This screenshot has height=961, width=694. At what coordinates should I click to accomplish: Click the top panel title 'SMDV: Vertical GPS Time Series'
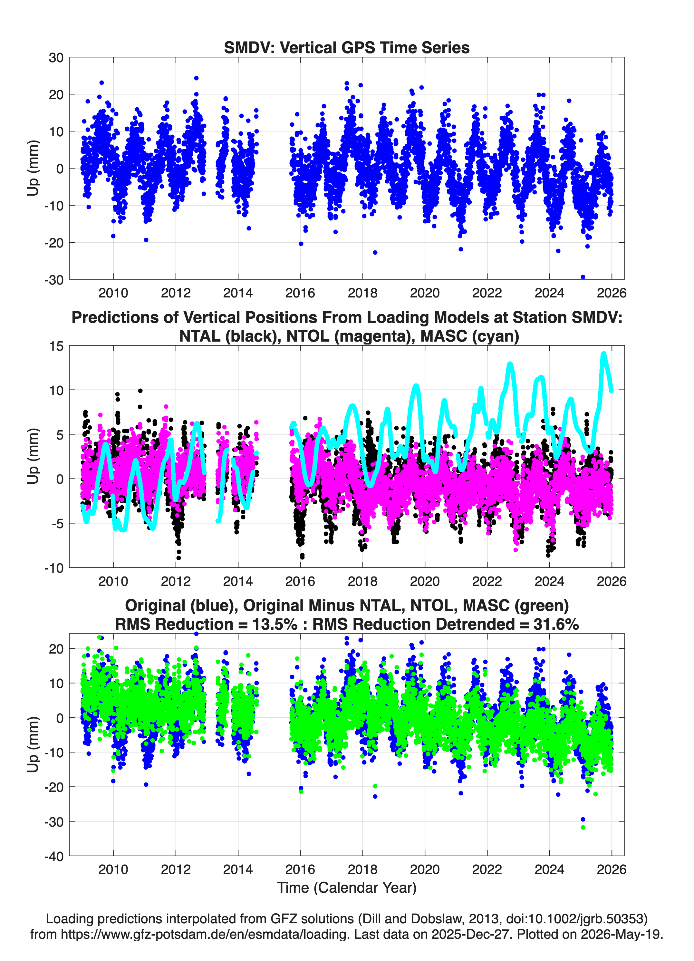click(x=347, y=47)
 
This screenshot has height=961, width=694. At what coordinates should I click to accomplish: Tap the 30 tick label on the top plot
click(x=56, y=58)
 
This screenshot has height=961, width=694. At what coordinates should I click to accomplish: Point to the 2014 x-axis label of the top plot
click(x=238, y=293)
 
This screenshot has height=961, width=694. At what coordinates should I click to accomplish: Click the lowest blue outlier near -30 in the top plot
click(x=583, y=277)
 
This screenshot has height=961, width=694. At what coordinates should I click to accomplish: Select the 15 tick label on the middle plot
click(x=56, y=346)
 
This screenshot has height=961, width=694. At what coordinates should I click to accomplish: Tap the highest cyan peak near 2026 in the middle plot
click(x=604, y=354)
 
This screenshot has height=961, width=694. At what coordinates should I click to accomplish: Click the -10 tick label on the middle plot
click(x=54, y=568)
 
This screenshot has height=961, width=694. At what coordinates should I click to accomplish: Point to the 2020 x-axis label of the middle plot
click(x=425, y=581)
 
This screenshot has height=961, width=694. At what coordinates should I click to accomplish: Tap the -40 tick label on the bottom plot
click(x=54, y=856)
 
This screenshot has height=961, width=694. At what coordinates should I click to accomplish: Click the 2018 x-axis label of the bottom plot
click(x=362, y=869)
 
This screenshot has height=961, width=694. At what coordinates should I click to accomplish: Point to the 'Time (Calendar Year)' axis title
click(x=347, y=887)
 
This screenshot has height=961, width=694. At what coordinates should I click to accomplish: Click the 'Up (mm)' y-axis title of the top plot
click(x=33, y=168)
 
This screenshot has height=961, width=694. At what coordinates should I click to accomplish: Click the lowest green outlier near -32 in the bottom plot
click(x=583, y=827)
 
